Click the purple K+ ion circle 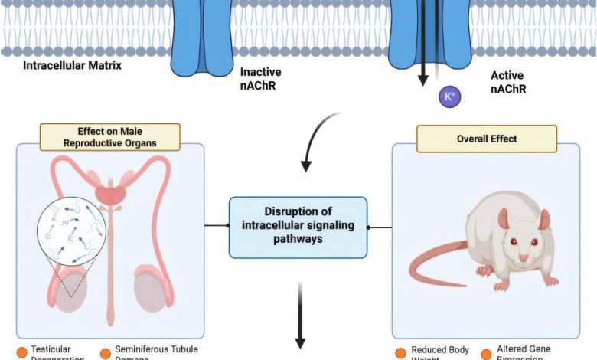click(x=449, y=97)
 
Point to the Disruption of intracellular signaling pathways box click(x=298, y=227)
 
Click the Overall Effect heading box click(x=486, y=139)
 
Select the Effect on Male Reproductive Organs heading click(x=111, y=136)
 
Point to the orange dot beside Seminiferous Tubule click(x=106, y=353)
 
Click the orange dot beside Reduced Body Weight click(x=401, y=353)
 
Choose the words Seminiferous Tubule click(x=156, y=349)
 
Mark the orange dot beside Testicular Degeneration click(x=22, y=353)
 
